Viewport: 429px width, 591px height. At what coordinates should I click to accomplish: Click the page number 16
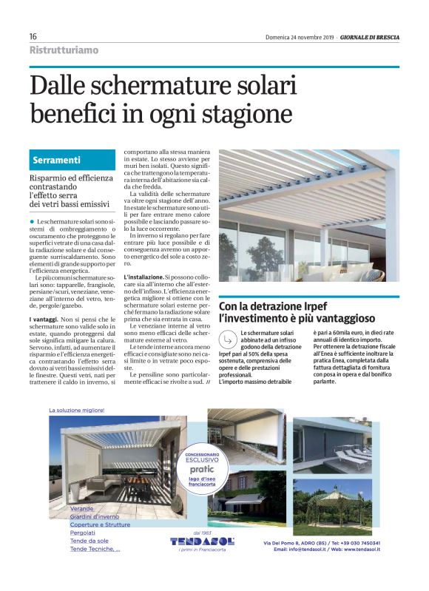(33, 36)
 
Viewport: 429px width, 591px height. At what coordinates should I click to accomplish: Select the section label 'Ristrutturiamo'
(64, 50)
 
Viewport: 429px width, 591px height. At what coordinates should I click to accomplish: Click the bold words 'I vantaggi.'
(45, 317)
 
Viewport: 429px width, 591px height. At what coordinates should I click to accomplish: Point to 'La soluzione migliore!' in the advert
(76, 410)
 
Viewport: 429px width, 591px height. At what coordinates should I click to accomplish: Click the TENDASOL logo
(201, 541)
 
